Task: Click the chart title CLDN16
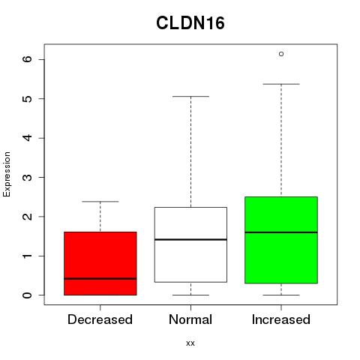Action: point(190,23)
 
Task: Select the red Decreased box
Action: point(100,263)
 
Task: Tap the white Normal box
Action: point(190,244)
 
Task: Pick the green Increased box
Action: point(281,240)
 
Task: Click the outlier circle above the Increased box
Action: point(281,54)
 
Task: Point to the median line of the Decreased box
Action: point(100,278)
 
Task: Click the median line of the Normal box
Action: point(190,239)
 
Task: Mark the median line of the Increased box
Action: point(281,232)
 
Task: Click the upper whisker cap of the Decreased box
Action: point(100,201)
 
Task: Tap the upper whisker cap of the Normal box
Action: point(190,96)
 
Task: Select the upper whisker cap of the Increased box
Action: point(281,84)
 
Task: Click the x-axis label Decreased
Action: point(100,319)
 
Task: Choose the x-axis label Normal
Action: point(190,319)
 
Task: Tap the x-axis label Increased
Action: point(281,319)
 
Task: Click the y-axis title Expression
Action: point(7,174)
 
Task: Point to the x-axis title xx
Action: point(190,343)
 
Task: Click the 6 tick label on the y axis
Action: point(28,59)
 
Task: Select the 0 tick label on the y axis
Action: point(28,295)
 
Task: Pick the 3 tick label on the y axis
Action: point(28,177)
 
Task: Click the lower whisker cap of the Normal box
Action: point(190,295)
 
